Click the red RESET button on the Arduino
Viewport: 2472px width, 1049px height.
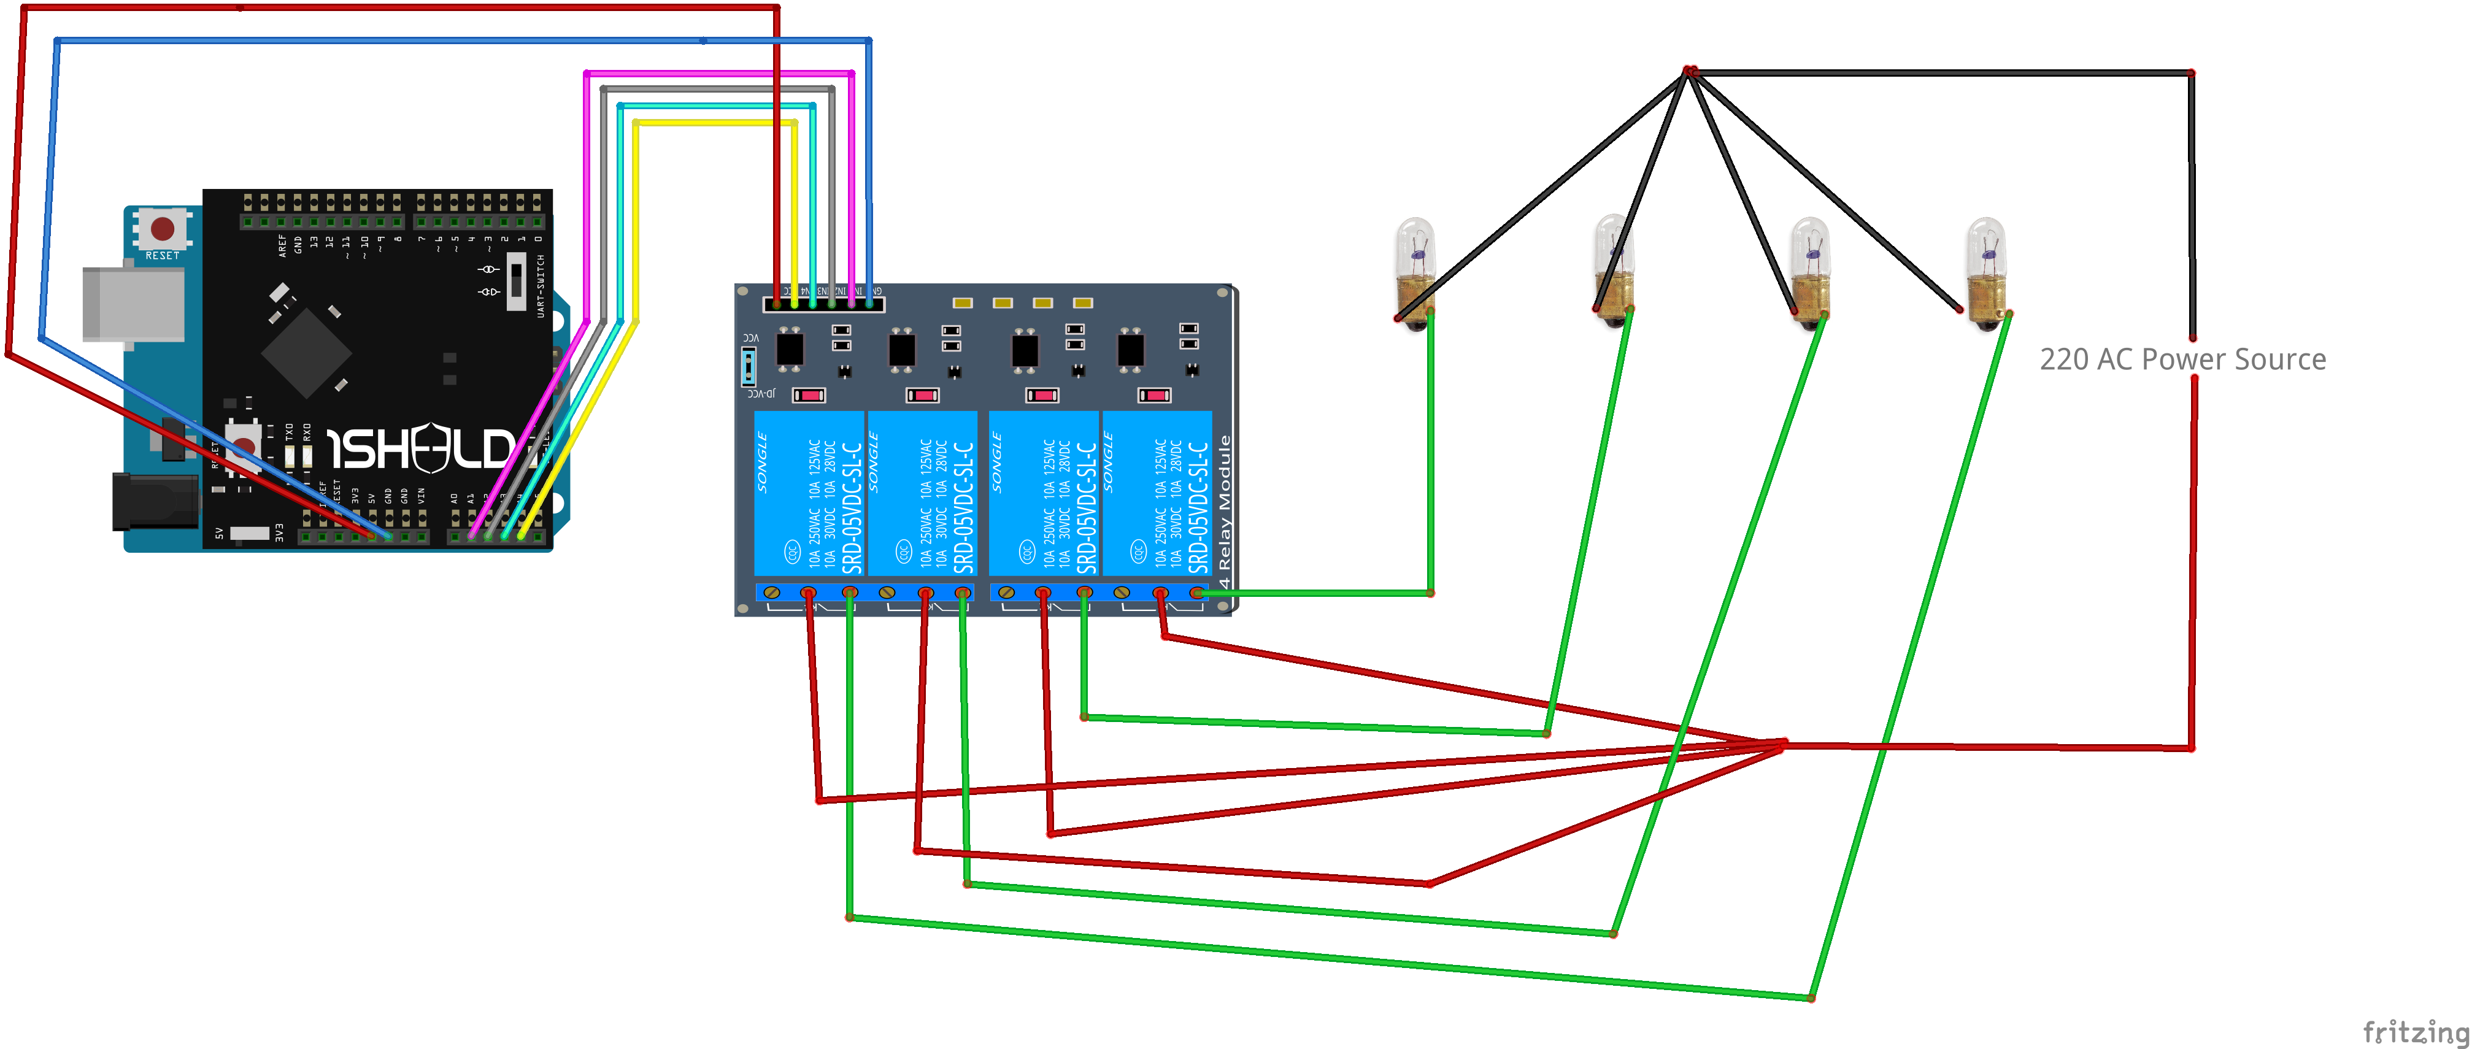point(162,228)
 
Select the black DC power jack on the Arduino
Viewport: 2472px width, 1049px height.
point(153,501)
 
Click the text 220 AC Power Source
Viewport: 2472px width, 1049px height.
point(2182,359)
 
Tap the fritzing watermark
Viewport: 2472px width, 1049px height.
point(2414,1032)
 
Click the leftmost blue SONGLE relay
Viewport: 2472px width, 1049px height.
point(809,493)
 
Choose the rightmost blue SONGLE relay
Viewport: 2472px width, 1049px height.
point(1157,493)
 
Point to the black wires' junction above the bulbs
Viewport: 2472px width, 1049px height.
point(1690,72)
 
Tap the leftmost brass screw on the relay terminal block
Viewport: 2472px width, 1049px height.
point(771,592)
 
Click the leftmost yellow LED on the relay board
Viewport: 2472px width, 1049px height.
point(963,302)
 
